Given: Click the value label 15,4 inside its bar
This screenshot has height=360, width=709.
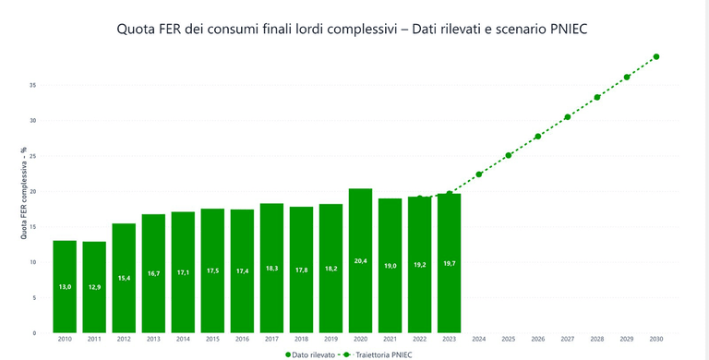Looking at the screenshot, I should coord(124,278).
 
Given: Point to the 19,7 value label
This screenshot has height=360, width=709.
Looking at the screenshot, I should coord(449,263).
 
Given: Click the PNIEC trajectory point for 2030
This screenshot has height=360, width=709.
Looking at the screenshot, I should coord(655,56).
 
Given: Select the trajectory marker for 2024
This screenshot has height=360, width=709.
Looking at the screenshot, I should coord(478,174).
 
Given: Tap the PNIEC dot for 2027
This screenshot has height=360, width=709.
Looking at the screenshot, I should coord(567,117).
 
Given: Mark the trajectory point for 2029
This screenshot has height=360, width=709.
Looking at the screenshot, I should coord(626,77).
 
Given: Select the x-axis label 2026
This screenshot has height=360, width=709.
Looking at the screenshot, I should coord(537,340).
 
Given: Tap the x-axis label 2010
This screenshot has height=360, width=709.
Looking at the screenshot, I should coord(65,340).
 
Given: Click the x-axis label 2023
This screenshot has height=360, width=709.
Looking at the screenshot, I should coord(449,340).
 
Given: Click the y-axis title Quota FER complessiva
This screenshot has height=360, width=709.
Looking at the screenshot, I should coord(24,193).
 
